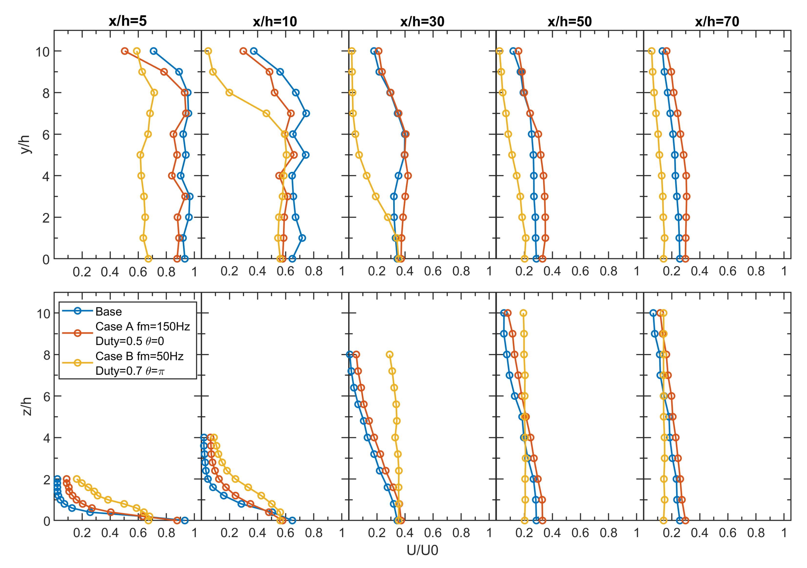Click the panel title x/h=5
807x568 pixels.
pos(128,21)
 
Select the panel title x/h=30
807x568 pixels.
pos(422,22)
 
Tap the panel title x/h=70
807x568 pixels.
pos(717,22)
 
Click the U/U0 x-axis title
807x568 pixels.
pos(422,550)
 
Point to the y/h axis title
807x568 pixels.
pos(25,144)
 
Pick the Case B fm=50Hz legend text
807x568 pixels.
pos(139,356)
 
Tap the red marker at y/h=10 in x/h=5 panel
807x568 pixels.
pos(124,51)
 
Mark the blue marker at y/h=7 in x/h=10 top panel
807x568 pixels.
pos(306,113)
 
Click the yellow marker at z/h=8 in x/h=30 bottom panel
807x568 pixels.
pos(389,354)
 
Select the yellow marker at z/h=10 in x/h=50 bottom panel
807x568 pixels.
pos(523,313)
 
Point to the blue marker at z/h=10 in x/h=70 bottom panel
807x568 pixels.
pos(653,313)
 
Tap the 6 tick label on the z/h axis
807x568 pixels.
pos(46,397)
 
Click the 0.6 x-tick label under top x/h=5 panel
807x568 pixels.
pos(138,272)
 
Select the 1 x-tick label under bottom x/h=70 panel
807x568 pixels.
pos(784,533)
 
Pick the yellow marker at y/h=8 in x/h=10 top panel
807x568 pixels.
pos(229,93)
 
